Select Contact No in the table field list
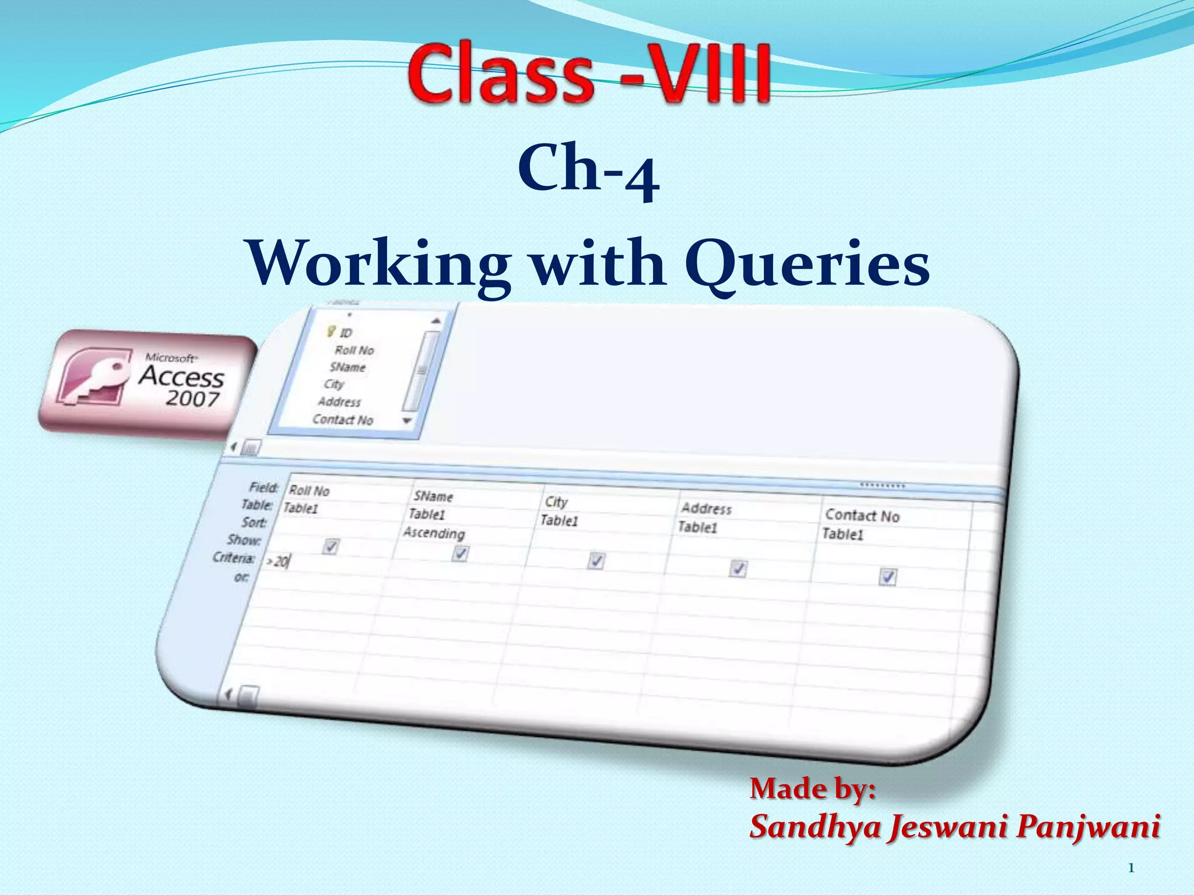coord(342,420)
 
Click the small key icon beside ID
coord(331,332)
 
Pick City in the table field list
coord(334,384)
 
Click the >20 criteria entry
coord(278,561)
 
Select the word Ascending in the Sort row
coord(434,533)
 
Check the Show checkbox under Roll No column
coord(330,547)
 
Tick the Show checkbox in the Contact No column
coord(887,577)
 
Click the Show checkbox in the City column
coord(595,561)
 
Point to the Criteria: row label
coord(234,558)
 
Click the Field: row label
coord(264,487)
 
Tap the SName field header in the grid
coord(433,496)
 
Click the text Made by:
coord(813,789)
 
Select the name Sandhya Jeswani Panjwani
coord(954,826)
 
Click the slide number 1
coord(1131,868)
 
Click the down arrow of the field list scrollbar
coord(407,421)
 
